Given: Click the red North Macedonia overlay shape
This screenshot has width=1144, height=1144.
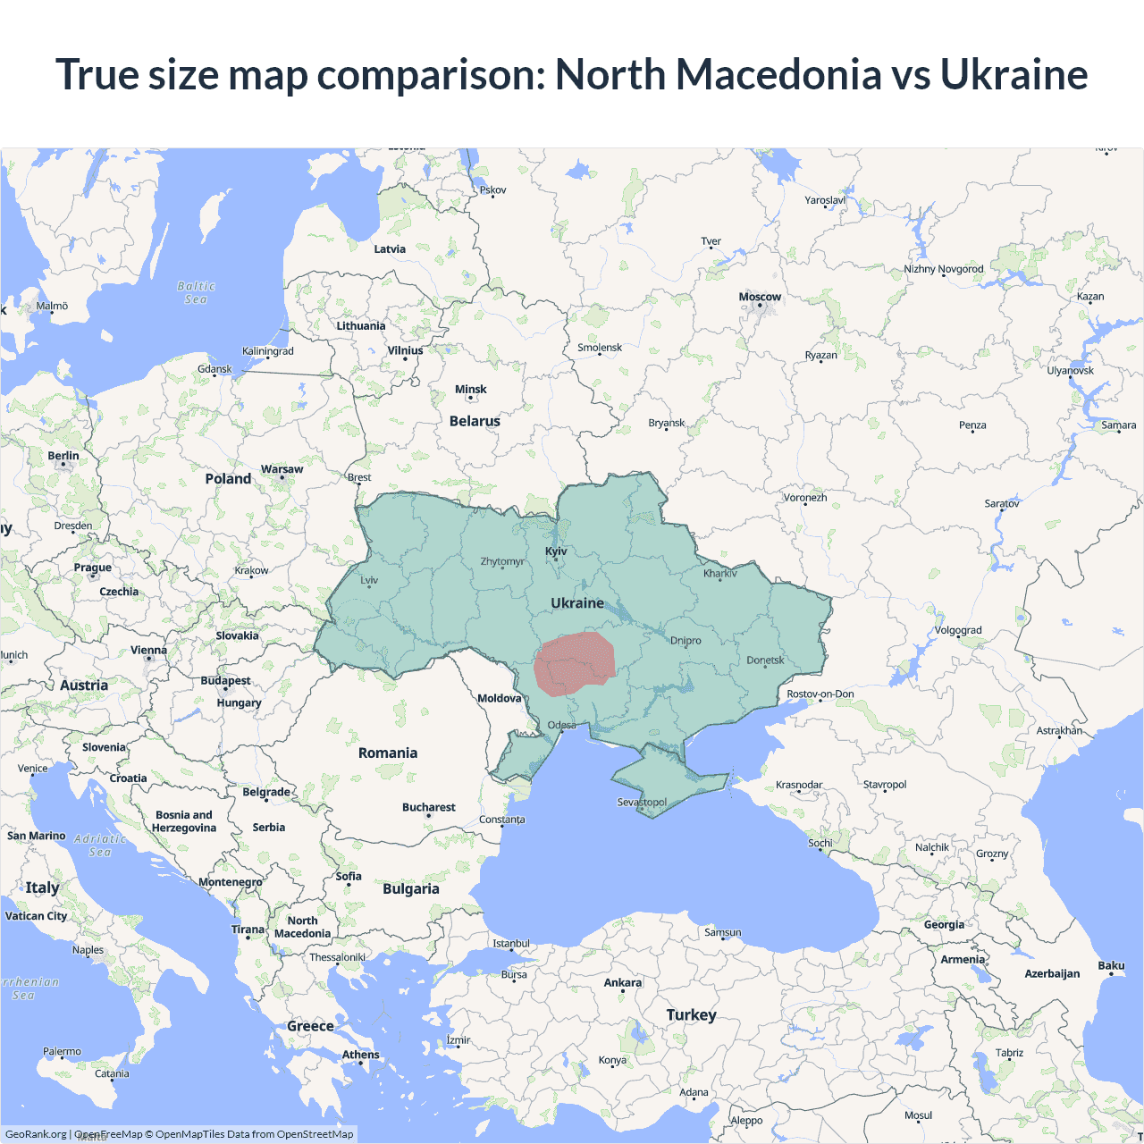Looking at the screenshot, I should tap(575, 663).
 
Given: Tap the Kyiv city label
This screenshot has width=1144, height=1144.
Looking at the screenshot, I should tap(556, 551).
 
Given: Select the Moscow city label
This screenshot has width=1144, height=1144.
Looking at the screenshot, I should tap(760, 297).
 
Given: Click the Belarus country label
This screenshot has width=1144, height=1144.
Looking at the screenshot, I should tap(475, 421).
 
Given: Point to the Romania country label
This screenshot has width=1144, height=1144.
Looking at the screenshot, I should tap(388, 753).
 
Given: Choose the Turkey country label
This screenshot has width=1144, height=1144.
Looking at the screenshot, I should tap(691, 1015).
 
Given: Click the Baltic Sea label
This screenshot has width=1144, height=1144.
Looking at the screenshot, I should tap(197, 293).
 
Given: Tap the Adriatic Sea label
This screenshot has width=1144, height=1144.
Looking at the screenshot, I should tap(100, 845).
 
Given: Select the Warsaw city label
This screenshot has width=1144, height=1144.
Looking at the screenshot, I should tap(282, 469).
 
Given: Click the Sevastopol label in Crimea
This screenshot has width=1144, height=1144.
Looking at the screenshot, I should tap(642, 802).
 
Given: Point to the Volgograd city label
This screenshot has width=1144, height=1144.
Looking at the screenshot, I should tap(958, 630).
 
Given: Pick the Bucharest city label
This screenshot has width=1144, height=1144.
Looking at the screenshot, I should tap(428, 807).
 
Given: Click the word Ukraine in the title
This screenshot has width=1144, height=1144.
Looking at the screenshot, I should tap(1014, 74).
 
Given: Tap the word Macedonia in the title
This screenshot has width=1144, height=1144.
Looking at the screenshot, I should tap(778, 74).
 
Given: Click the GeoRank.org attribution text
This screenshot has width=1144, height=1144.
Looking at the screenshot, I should tap(36, 1134).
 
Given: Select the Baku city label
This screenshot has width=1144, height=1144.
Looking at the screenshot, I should tap(1111, 965).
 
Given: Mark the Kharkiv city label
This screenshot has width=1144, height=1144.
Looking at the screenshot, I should tap(719, 574).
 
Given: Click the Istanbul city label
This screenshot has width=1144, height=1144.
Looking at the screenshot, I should tap(511, 944).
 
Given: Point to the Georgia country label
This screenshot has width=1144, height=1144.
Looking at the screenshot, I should tap(944, 925).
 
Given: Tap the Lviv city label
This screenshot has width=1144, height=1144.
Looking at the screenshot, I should tap(369, 580).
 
